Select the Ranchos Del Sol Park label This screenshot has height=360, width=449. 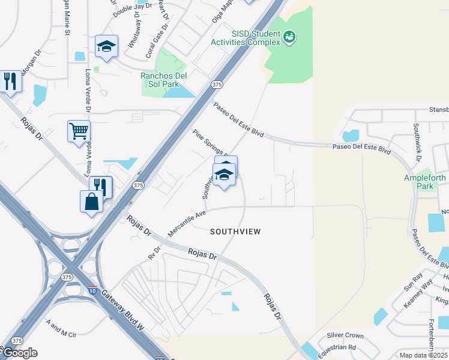point(164,80)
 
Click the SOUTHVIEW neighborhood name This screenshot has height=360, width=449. point(235,232)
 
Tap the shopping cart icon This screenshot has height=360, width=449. point(79,131)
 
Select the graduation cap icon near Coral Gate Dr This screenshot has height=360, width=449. point(107,47)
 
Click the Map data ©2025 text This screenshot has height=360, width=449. point(424,355)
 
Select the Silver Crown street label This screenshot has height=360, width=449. point(345,335)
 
